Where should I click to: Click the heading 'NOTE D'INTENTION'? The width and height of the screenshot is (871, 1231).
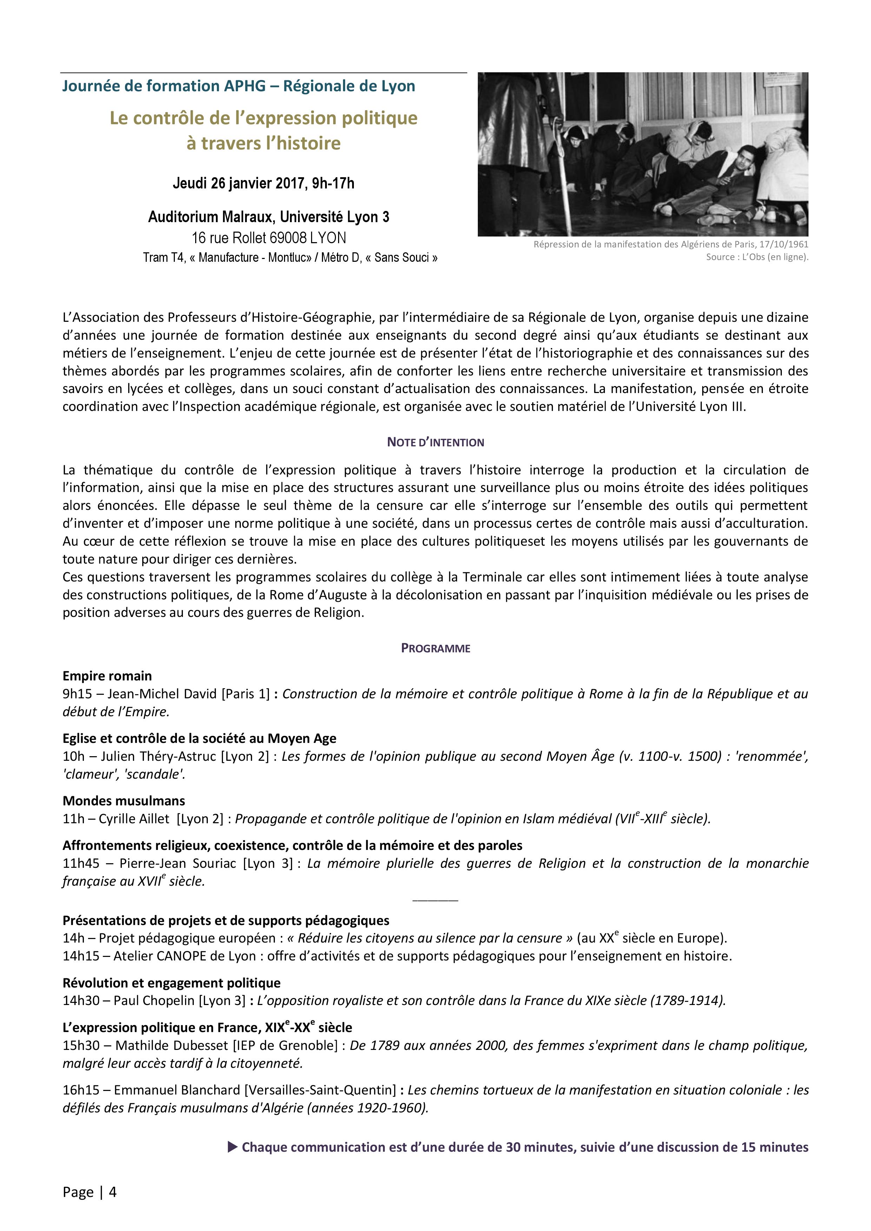click(x=435, y=442)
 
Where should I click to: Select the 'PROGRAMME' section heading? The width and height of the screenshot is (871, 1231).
click(x=435, y=648)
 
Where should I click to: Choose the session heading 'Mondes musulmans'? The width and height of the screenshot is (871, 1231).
click(x=124, y=801)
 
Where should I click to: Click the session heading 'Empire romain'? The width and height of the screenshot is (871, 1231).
click(x=107, y=676)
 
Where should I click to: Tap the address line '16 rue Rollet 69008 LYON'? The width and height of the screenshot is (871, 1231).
click(x=269, y=238)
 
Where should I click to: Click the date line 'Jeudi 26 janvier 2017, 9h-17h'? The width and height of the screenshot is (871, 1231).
click(x=263, y=184)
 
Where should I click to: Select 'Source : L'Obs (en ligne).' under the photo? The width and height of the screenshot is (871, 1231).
click(x=757, y=257)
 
